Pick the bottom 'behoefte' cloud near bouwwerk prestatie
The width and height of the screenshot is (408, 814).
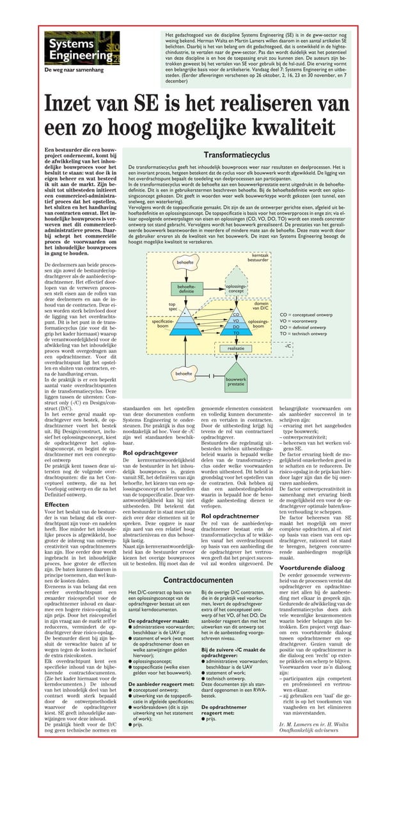[x=184, y=373]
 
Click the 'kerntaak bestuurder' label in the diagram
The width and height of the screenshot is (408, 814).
[x=258, y=257]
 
